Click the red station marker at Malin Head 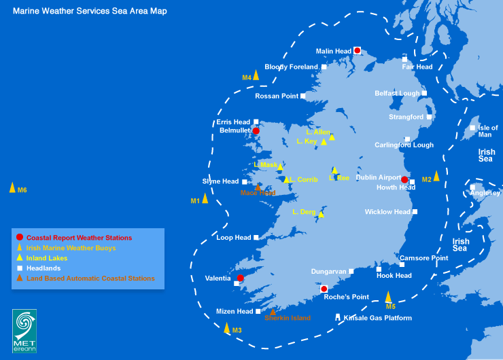pos(357,50)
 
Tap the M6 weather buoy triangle pos(12,187)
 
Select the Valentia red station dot pos(240,278)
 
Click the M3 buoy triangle pos(227,328)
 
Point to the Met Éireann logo pos(24,331)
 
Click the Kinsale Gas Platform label pos(378,318)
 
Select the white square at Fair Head pos(404,59)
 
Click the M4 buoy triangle pos(256,75)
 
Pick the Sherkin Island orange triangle pos(273,312)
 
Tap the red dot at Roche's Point pos(324,289)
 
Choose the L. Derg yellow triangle pos(322,214)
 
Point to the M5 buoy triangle pos(388,296)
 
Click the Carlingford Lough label pos(404,145)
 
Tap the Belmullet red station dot pos(256,131)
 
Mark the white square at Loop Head pos(256,238)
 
